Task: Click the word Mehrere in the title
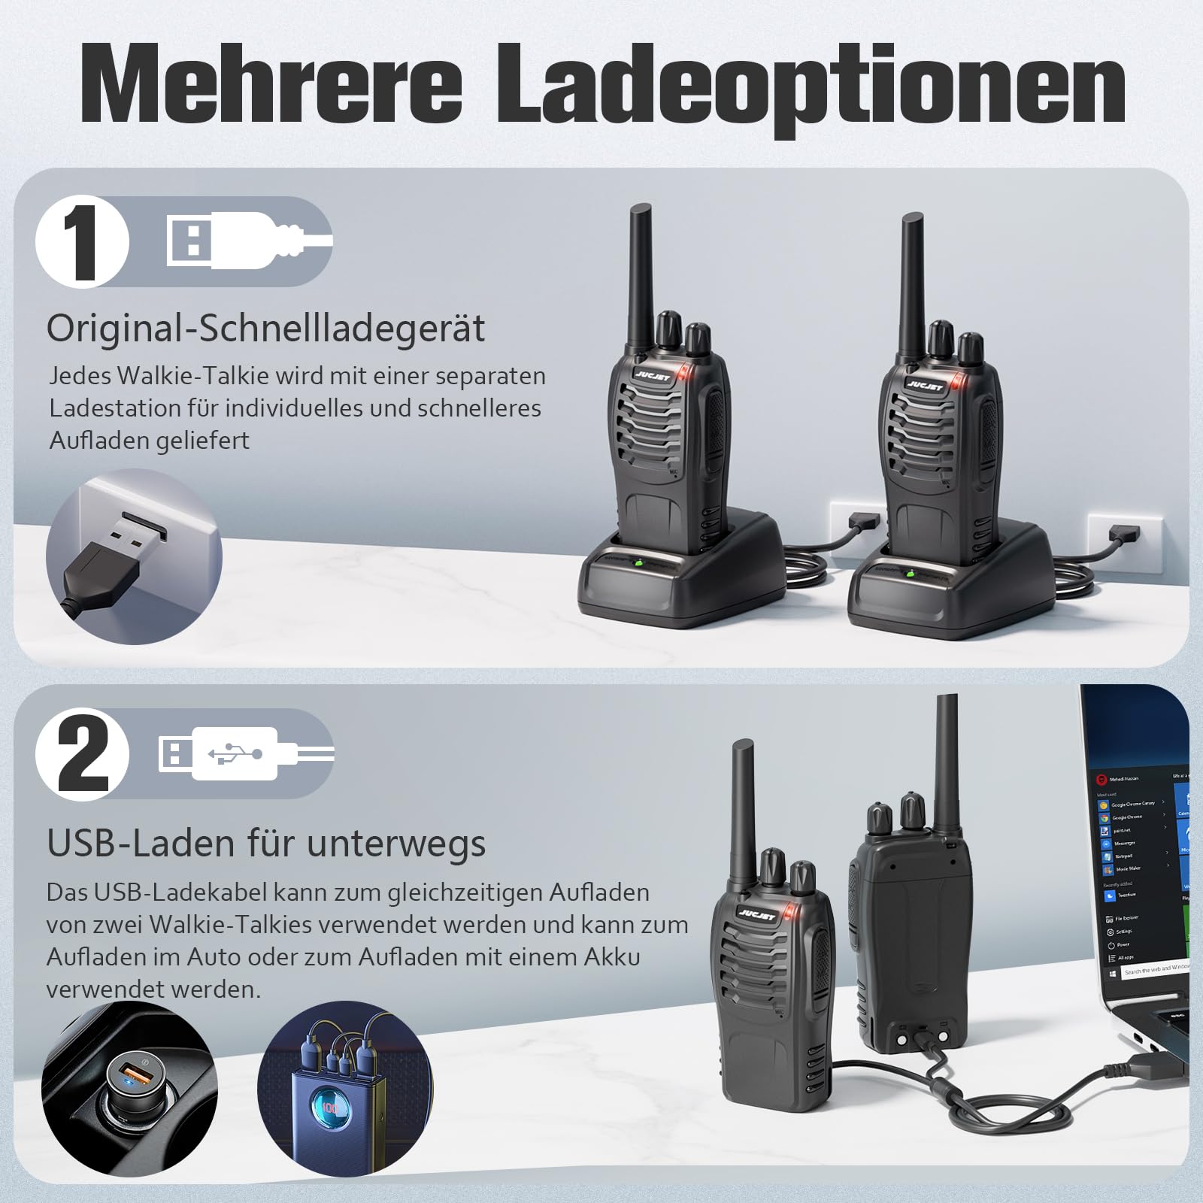[x=271, y=84]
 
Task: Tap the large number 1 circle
[x=83, y=242]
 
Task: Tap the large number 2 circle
[x=83, y=754]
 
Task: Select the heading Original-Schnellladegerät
[x=265, y=329]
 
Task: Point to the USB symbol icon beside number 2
[x=241, y=753]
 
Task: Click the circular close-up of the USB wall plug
[x=134, y=556]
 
